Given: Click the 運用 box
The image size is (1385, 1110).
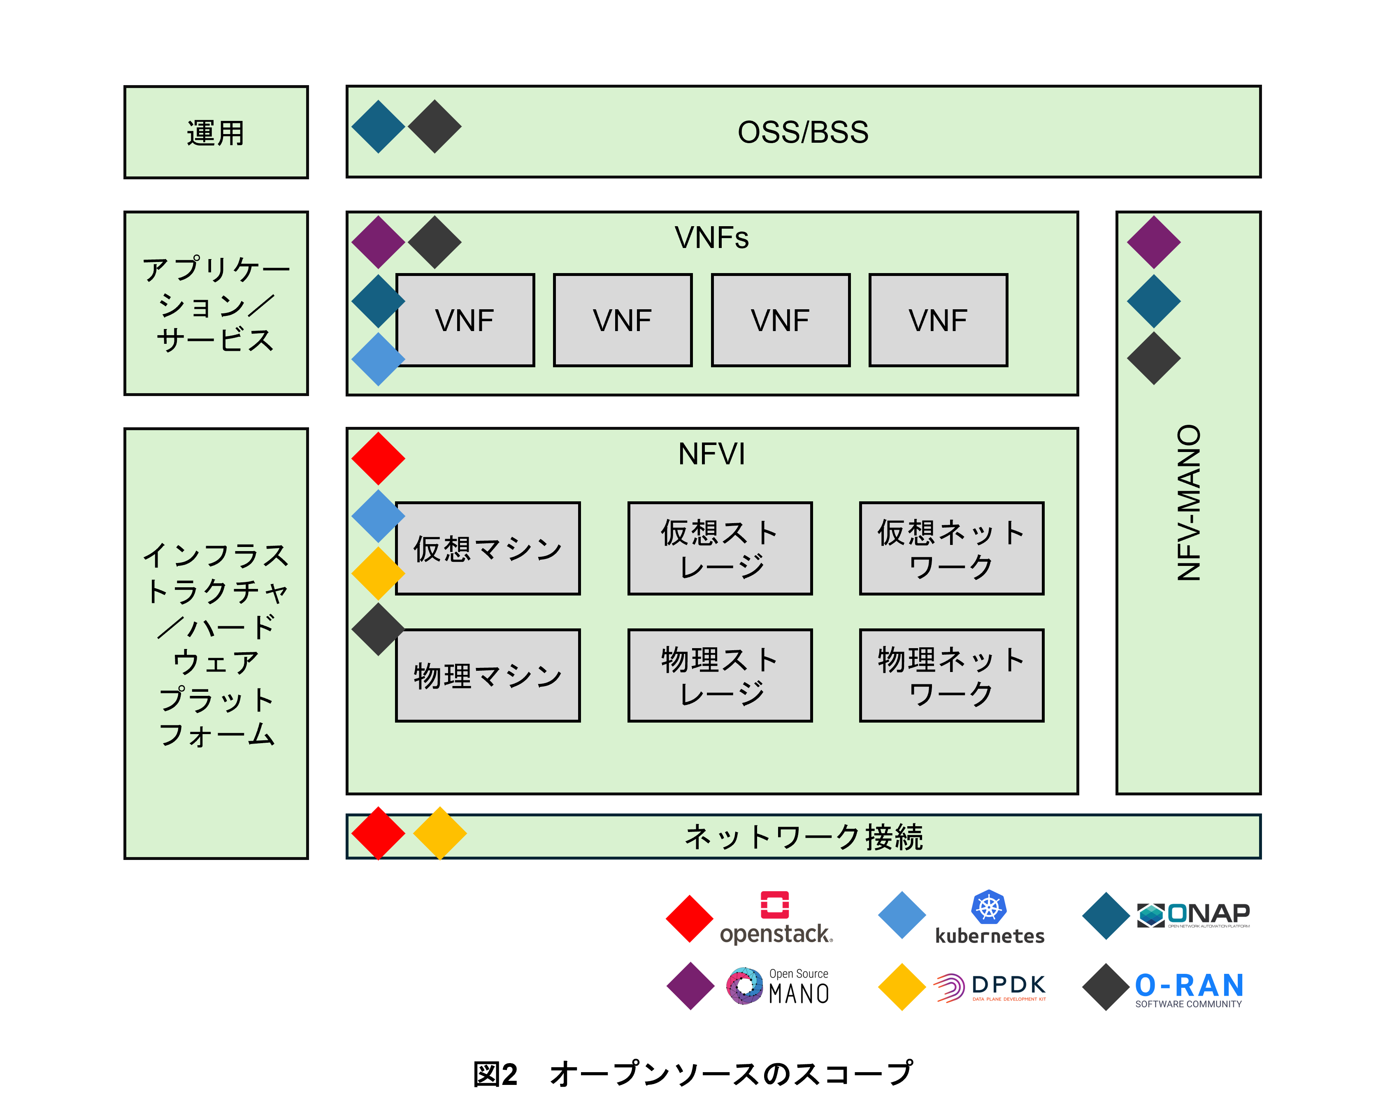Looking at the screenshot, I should [x=216, y=132].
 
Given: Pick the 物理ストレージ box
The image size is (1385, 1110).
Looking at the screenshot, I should [x=720, y=675].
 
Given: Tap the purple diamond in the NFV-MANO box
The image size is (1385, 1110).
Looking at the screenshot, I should [x=1154, y=242].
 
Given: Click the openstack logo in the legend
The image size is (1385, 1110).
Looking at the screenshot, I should [x=775, y=918].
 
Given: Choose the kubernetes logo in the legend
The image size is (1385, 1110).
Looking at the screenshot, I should [x=989, y=918].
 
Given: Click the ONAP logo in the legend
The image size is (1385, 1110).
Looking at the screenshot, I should [x=1194, y=915].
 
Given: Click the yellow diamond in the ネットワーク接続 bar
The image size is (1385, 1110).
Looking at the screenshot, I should [x=440, y=833].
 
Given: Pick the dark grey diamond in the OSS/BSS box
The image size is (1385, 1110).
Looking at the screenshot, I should [x=435, y=127].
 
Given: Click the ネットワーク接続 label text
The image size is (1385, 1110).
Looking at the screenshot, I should [x=804, y=837].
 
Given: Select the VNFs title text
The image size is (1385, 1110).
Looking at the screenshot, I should [x=712, y=238].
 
